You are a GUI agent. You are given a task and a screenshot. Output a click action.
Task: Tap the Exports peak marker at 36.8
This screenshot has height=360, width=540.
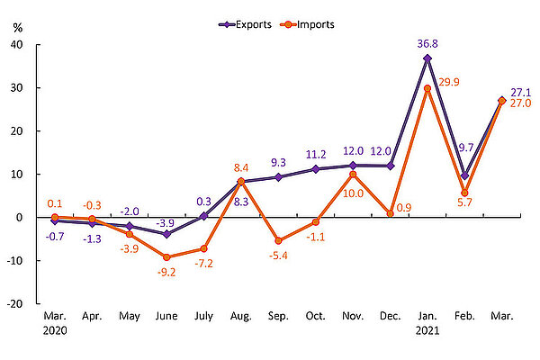point(427,58)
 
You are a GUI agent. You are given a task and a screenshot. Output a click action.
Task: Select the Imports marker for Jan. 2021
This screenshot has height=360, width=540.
point(427,88)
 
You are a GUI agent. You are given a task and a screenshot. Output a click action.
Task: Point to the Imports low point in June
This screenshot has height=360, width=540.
point(166,256)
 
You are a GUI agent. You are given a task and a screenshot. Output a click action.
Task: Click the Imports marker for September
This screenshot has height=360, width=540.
point(278,240)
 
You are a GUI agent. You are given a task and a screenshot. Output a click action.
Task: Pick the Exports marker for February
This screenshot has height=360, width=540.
point(464,175)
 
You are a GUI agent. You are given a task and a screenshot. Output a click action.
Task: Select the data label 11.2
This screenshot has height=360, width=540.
point(315,154)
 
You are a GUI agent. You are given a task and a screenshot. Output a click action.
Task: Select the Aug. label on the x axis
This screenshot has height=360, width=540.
point(241,318)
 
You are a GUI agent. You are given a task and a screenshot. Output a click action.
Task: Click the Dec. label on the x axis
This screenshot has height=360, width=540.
point(390,318)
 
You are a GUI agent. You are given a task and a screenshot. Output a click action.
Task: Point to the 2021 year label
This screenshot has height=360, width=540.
point(427,331)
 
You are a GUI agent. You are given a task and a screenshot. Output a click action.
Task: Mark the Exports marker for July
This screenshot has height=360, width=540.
point(203,216)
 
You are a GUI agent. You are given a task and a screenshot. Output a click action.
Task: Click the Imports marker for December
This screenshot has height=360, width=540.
point(390,213)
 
